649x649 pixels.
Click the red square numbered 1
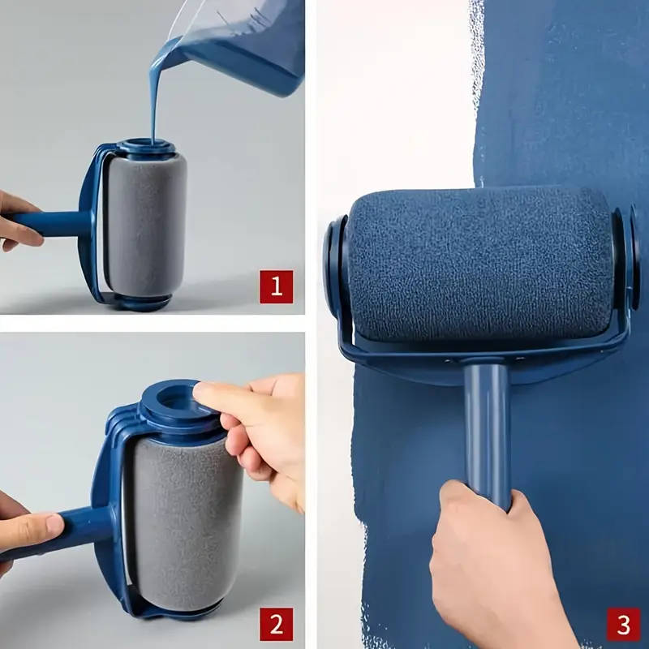[276, 286]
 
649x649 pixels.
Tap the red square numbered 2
[276, 624]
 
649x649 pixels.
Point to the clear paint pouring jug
[243, 41]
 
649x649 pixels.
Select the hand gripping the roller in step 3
[495, 568]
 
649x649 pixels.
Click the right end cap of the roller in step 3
[626, 260]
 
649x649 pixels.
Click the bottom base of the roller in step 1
[142, 302]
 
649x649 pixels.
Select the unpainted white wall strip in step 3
[398, 97]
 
